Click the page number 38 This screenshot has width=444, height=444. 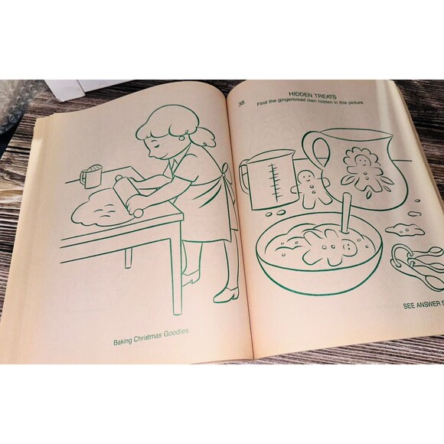(242, 104)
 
